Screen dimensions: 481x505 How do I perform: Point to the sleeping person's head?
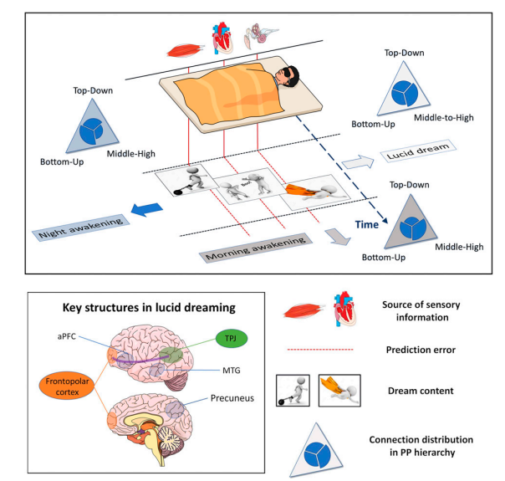click(288, 80)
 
